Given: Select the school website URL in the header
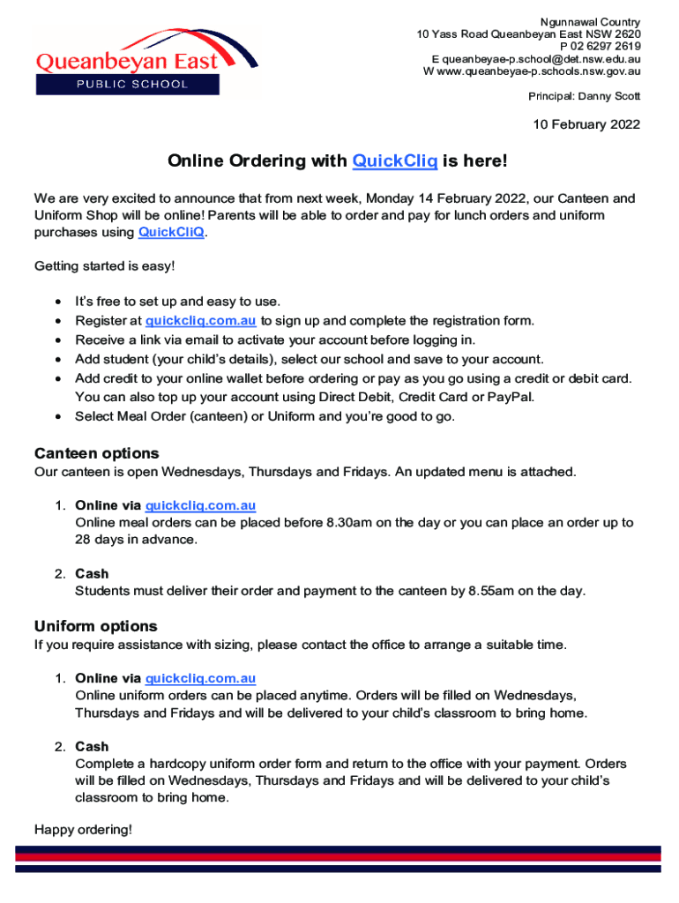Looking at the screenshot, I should (540, 71).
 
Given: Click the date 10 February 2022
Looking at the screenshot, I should (586, 125).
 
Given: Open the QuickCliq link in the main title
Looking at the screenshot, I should (394, 161).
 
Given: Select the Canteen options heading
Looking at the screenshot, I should (97, 453).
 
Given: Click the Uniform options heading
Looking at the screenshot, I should (95, 626).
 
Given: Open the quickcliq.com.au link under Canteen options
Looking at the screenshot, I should (200, 505).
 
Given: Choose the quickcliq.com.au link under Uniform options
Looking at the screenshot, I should (200, 678).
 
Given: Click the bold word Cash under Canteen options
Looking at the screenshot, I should (92, 574).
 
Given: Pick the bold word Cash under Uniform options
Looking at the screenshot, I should (92, 747).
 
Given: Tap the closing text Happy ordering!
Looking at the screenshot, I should (83, 829).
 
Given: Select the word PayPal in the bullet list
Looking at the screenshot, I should (512, 397).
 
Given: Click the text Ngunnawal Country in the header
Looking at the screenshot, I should (590, 22).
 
